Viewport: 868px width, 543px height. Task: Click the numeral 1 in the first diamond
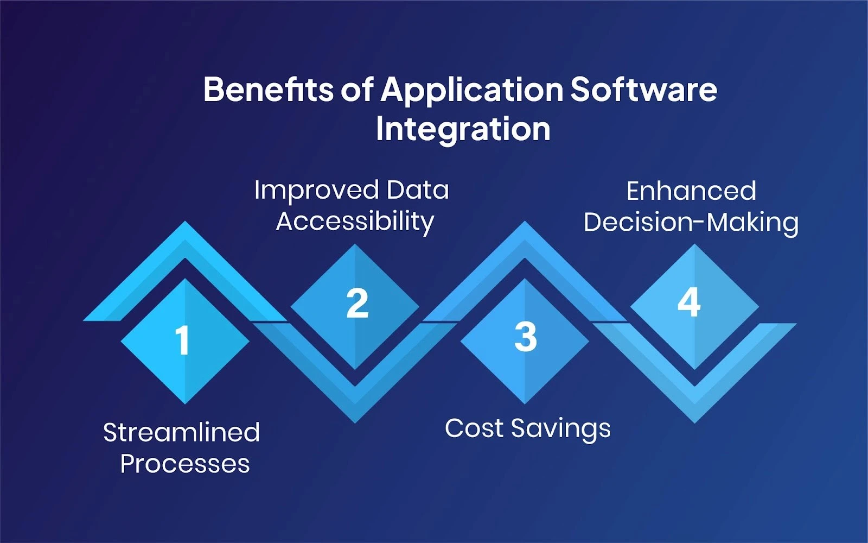coord(183,341)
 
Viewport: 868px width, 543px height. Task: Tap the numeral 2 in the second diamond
coord(358,304)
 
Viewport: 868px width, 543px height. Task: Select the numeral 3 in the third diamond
coord(525,337)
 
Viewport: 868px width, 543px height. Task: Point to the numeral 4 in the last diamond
coord(689,302)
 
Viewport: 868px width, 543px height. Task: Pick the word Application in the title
coord(472,90)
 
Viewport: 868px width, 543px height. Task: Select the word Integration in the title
coord(463,129)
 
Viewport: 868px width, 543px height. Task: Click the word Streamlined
coord(182,433)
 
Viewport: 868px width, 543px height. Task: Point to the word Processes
coord(185,464)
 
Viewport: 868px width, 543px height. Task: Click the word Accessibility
coord(355,222)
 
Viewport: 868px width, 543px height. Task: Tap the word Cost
coord(474,428)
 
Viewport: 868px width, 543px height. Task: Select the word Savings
coord(561,429)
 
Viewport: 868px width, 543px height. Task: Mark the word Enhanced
coord(691,191)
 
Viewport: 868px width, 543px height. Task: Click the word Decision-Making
coord(691,223)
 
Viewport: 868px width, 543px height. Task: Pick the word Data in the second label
coord(417,190)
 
